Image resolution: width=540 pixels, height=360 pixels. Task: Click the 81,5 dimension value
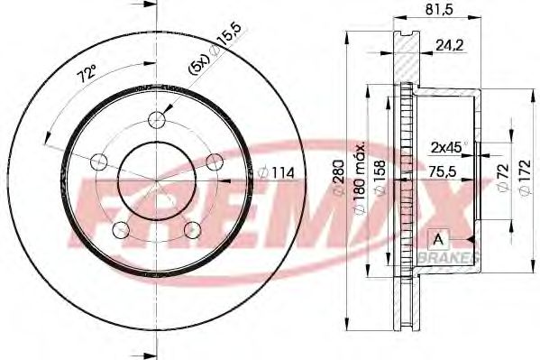click(x=439, y=9)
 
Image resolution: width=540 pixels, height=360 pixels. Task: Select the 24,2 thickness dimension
click(x=450, y=45)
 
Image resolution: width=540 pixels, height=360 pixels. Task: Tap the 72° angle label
click(x=87, y=74)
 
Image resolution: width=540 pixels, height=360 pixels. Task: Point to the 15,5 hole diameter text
click(x=230, y=37)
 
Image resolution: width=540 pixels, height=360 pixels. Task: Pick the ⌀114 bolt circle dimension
click(x=276, y=172)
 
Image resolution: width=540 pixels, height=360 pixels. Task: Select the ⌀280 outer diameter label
click(x=339, y=179)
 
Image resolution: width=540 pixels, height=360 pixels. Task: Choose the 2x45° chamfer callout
click(x=449, y=148)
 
